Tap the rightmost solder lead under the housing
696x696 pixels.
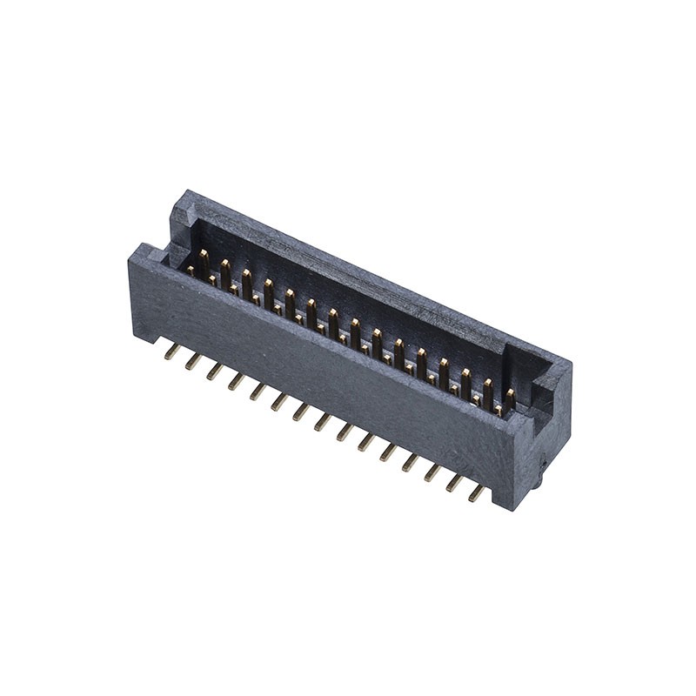[477, 493]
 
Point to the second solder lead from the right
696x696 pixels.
[455, 484]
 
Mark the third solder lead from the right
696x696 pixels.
[433, 473]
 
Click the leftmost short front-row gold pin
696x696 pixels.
[191, 271]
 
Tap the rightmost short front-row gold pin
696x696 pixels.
[498, 408]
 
